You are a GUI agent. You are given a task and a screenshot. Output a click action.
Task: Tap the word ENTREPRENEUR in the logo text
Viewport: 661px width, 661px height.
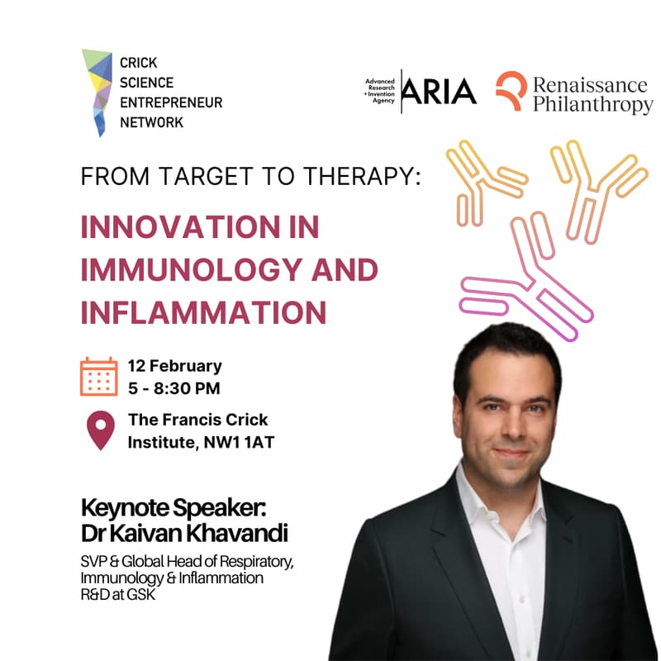coord(165,102)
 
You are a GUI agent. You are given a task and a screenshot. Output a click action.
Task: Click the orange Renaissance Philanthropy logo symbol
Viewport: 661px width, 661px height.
coord(510,91)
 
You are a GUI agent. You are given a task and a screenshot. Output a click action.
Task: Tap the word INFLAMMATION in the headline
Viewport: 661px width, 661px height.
coord(203,312)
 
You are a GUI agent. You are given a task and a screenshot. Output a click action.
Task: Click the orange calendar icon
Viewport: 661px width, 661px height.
coord(99,376)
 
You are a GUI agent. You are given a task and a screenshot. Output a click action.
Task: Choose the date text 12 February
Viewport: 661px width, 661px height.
coord(174,365)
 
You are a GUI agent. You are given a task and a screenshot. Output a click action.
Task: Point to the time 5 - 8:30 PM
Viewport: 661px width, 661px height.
coord(174,387)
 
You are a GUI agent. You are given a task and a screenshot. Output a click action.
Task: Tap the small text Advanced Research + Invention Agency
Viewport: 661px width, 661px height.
coord(381,91)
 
